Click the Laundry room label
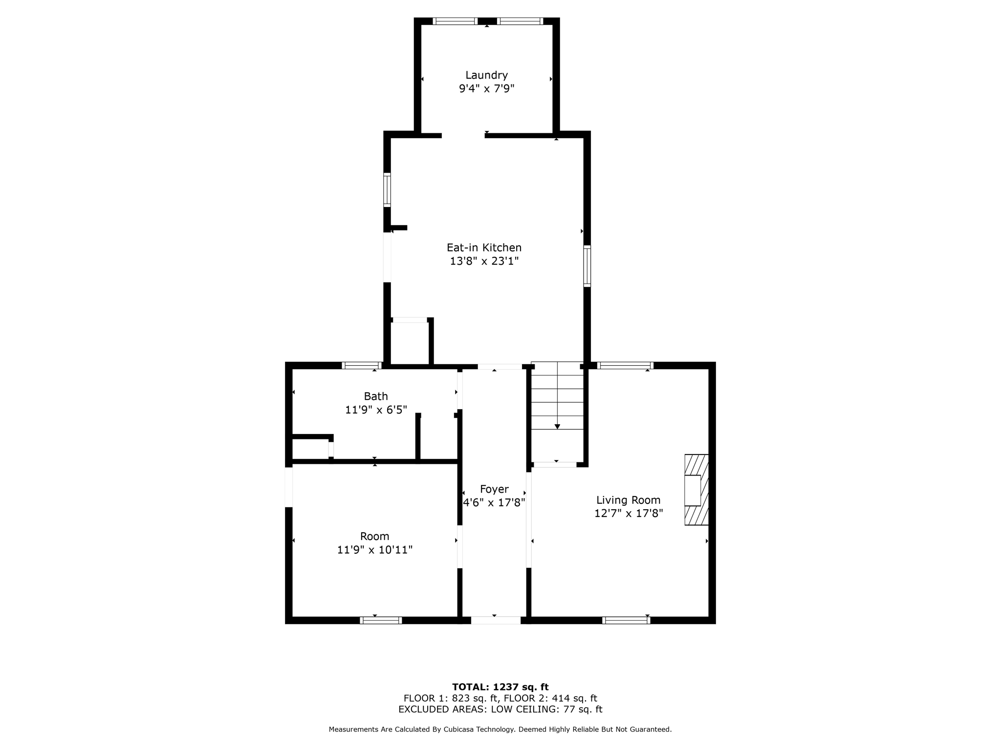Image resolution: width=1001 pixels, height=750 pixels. [486, 75]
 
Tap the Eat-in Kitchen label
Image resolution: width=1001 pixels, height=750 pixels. [484, 248]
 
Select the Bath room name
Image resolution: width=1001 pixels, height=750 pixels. [376, 396]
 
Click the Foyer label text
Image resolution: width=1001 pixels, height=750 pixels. [494, 489]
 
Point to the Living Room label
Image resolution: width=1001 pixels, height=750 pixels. [628, 500]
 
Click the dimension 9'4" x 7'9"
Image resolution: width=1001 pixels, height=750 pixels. [486, 89]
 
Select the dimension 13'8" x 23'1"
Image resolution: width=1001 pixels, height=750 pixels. [484, 261]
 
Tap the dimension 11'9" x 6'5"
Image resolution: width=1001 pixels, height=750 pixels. [376, 410]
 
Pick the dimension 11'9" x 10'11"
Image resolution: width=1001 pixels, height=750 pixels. [375, 550]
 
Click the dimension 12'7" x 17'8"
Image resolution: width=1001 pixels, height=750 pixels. [628, 513]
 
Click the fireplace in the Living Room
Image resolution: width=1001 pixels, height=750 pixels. [696, 490]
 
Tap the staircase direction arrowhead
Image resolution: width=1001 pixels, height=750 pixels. [557, 427]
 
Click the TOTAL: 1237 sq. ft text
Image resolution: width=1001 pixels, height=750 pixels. [500, 687]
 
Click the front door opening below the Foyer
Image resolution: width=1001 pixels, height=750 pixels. [496, 620]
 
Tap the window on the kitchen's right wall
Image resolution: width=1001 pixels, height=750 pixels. [587, 266]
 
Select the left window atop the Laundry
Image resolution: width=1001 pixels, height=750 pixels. [455, 21]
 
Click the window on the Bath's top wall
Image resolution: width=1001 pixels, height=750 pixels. [362, 365]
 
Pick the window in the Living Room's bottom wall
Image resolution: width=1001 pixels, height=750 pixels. [626, 620]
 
